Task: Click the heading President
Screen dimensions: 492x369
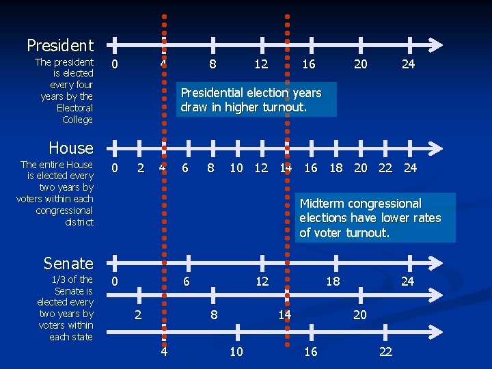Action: click(60, 46)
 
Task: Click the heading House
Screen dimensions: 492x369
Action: click(71, 148)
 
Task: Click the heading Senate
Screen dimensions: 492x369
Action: click(68, 263)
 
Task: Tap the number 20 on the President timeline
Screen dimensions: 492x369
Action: click(360, 64)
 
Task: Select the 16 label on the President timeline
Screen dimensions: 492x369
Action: click(309, 64)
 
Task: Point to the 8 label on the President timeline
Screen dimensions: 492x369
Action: click(213, 64)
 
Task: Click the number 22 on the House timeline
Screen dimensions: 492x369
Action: click(385, 168)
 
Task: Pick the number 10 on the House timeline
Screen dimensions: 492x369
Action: click(236, 168)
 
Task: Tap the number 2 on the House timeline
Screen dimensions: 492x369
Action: click(140, 168)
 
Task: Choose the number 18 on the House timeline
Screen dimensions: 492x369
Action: click(336, 168)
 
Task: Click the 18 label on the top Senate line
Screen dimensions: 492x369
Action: click(333, 282)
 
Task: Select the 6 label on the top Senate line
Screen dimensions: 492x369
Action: click(185, 282)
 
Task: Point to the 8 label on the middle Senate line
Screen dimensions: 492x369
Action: click(214, 315)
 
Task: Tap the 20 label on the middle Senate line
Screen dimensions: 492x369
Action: click(360, 315)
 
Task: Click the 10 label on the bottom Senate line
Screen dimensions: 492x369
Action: click(236, 352)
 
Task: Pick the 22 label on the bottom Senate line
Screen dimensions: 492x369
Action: click(385, 352)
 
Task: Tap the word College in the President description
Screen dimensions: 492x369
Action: click(77, 120)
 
